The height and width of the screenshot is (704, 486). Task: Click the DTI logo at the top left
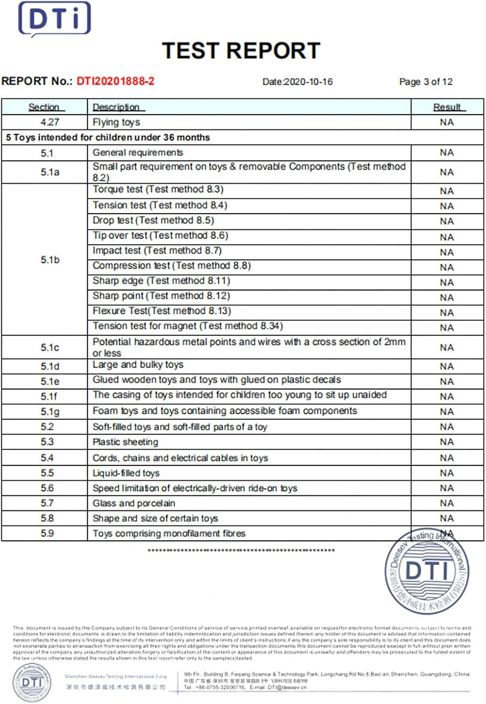54,19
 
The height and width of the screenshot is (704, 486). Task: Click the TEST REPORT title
241,51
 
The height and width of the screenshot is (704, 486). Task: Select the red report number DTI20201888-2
116,81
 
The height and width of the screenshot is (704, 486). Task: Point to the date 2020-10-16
308,82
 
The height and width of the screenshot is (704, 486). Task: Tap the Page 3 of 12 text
425,82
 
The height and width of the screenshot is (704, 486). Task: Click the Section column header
44,107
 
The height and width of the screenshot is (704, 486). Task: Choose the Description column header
116,107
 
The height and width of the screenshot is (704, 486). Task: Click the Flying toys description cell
116,122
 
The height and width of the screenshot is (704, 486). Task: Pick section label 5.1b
50,260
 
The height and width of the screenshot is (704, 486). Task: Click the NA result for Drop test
447,221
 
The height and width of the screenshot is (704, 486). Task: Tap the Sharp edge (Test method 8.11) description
161,281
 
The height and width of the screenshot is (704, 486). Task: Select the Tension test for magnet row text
187,326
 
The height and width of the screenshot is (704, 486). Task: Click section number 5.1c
50,348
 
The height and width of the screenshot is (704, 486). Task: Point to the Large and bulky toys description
138,365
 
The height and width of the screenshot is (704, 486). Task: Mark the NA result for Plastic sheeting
447,442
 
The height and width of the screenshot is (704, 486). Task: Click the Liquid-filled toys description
126,473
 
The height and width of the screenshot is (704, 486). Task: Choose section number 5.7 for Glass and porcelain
47,503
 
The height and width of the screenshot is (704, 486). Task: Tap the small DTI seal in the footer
32,682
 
